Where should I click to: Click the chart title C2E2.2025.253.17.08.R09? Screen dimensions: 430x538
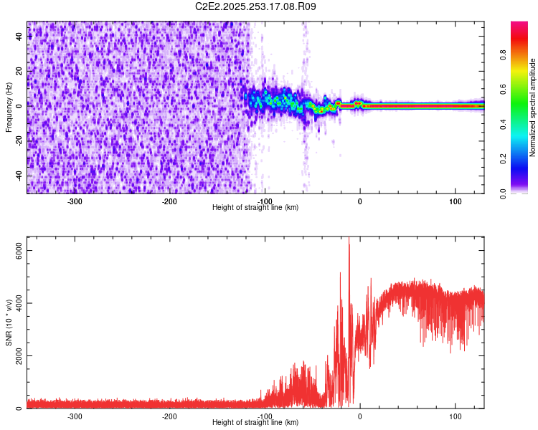point(256,6)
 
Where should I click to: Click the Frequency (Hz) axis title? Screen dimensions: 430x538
point(9,107)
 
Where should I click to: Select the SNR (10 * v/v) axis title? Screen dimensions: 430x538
point(9,322)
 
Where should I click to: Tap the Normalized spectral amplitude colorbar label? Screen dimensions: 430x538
point(533,107)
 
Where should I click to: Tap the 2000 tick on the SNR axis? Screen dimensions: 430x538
point(14,355)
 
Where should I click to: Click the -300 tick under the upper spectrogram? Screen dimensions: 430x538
point(75,201)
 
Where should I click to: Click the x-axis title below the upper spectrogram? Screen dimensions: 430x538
point(255,207)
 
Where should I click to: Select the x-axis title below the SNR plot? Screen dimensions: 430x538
point(255,422)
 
